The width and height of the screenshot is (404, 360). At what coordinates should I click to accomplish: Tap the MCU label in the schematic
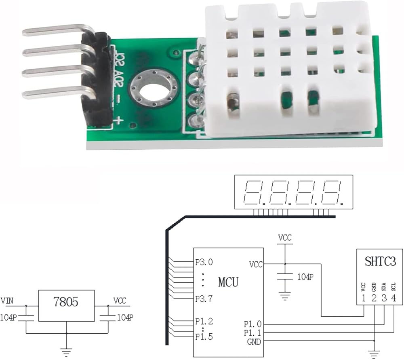coord(228,282)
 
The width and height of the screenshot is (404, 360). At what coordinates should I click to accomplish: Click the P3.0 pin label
coord(204,262)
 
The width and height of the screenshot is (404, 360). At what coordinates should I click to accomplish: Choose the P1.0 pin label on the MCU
coord(253,324)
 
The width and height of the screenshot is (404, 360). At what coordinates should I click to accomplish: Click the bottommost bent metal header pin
coord(57,95)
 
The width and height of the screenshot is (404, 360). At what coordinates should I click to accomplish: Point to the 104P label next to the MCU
coord(305,277)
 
